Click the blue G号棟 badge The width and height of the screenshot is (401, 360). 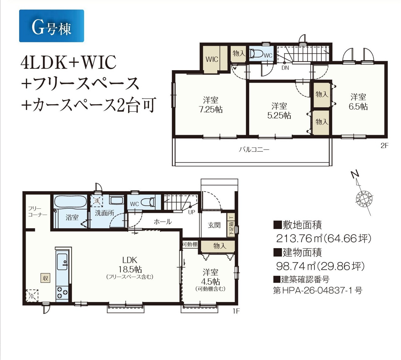click(51, 26)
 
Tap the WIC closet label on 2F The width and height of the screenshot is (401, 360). click(212, 59)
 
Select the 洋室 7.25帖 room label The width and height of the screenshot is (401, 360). click(211, 105)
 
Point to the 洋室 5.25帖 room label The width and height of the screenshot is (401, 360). click(279, 111)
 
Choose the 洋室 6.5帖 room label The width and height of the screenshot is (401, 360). click(358, 102)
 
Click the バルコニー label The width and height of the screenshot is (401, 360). click(254, 149)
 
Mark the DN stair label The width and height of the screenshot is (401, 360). click(285, 68)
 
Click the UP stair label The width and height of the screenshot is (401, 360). click(192, 212)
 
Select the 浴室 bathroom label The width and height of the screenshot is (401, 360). click(72, 217)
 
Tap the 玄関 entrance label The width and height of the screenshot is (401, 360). click(214, 225)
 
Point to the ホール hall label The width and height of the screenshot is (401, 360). click(163, 222)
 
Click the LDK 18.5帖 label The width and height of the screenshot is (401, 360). click(130, 268)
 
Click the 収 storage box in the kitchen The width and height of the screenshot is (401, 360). click(45, 278)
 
